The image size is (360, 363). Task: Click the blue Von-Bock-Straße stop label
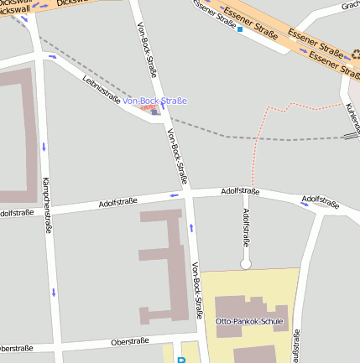(x=154, y=101)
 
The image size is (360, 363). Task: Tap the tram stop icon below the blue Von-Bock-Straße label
(x=154, y=111)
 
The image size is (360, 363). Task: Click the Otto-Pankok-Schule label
(x=249, y=321)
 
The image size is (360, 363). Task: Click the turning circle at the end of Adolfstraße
(x=246, y=264)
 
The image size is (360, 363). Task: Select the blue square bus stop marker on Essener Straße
(x=240, y=29)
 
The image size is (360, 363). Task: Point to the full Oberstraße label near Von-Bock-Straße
(x=130, y=341)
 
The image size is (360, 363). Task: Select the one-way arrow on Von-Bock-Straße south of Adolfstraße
(x=192, y=226)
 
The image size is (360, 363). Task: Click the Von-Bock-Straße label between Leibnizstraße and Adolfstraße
(x=175, y=157)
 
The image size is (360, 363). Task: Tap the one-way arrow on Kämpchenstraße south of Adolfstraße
(x=53, y=292)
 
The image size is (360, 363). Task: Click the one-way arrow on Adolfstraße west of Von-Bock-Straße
(x=175, y=195)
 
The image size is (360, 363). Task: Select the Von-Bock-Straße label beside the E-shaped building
(x=197, y=290)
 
